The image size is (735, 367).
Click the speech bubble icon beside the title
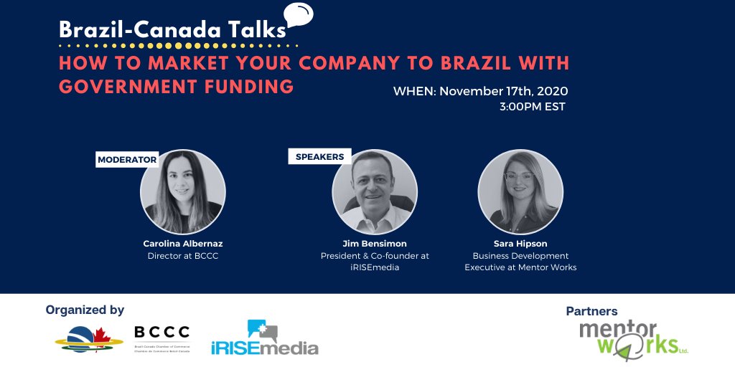pyautogui.click(x=298, y=14)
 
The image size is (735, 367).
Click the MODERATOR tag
pyautogui.click(x=127, y=159)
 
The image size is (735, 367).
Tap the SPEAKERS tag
pyautogui.click(x=319, y=156)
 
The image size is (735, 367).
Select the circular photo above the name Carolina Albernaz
pyautogui.click(x=182, y=192)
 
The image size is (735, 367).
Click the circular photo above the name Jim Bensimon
pyautogui.click(x=374, y=192)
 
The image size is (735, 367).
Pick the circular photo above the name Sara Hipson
pyautogui.click(x=520, y=192)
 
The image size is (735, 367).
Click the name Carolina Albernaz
pyautogui.click(x=182, y=244)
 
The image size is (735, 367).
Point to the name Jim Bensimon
pyautogui.click(x=374, y=244)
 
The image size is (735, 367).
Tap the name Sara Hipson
pyautogui.click(x=520, y=244)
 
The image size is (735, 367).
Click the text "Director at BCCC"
pyautogui.click(x=182, y=256)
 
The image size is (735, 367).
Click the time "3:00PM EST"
pyautogui.click(x=533, y=107)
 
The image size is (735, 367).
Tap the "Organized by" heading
pyautogui.click(x=85, y=310)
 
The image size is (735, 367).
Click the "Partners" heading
pyautogui.click(x=591, y=311)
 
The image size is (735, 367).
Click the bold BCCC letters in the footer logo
pyautogui.click(x=162, y=332)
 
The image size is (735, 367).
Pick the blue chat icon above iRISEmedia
pyautogui.click(x=261, y=329)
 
